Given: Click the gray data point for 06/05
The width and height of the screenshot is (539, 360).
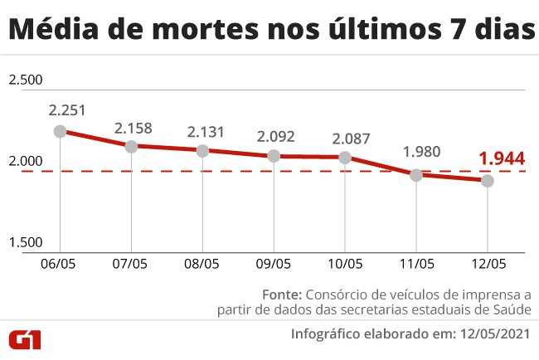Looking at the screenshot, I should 60,131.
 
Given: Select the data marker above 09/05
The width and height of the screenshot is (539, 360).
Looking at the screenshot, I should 274,156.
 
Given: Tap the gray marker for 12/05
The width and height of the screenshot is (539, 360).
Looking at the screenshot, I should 488,180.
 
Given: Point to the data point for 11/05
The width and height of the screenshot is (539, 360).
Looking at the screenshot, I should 416,174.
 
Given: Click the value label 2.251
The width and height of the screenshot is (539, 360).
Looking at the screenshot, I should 67,109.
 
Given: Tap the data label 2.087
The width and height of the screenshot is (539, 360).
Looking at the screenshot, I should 352,139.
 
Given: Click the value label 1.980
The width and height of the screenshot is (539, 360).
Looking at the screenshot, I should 421,152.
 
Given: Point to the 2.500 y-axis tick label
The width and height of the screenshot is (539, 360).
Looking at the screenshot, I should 25,80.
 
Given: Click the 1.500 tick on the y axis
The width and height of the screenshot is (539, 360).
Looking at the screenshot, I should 25,242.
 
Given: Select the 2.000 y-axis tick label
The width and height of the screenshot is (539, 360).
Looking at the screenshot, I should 25,161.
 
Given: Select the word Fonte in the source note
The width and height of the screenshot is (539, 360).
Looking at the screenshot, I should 282,294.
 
